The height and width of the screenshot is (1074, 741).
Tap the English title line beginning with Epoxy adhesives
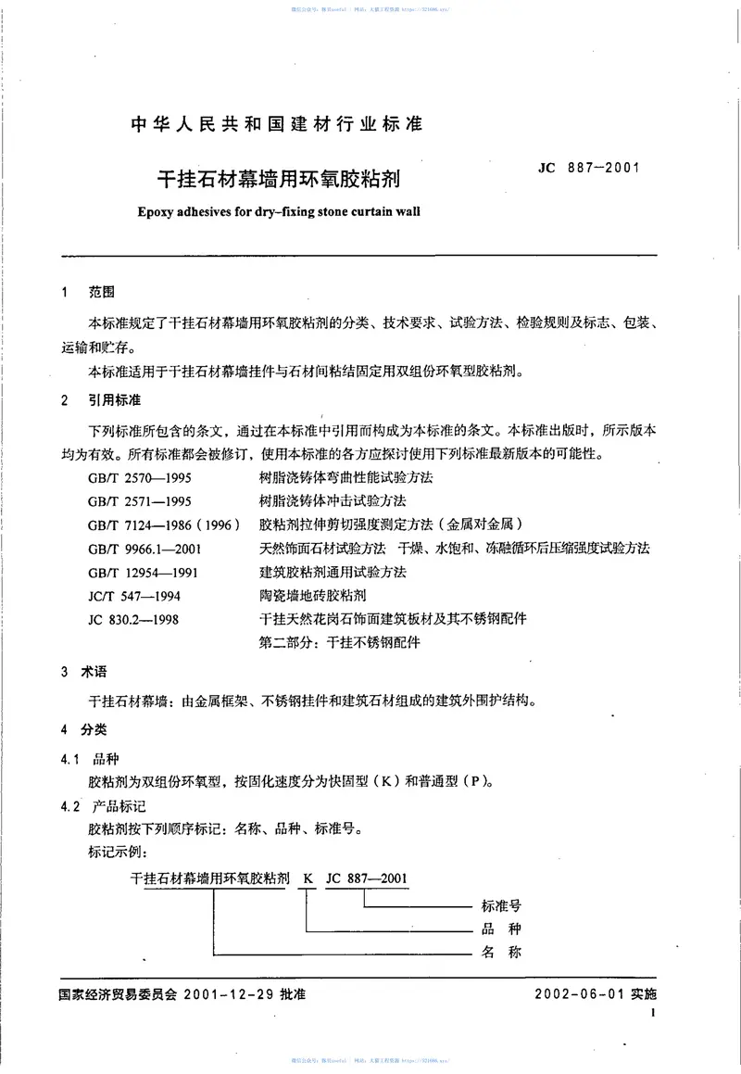277,210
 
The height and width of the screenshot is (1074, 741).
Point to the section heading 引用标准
114,400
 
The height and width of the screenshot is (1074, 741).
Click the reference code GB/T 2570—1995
140,479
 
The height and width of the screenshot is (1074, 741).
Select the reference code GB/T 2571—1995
140,502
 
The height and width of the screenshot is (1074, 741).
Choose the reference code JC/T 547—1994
132,595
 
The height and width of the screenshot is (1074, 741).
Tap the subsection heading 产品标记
114,807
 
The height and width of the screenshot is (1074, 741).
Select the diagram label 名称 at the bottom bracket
503,952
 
